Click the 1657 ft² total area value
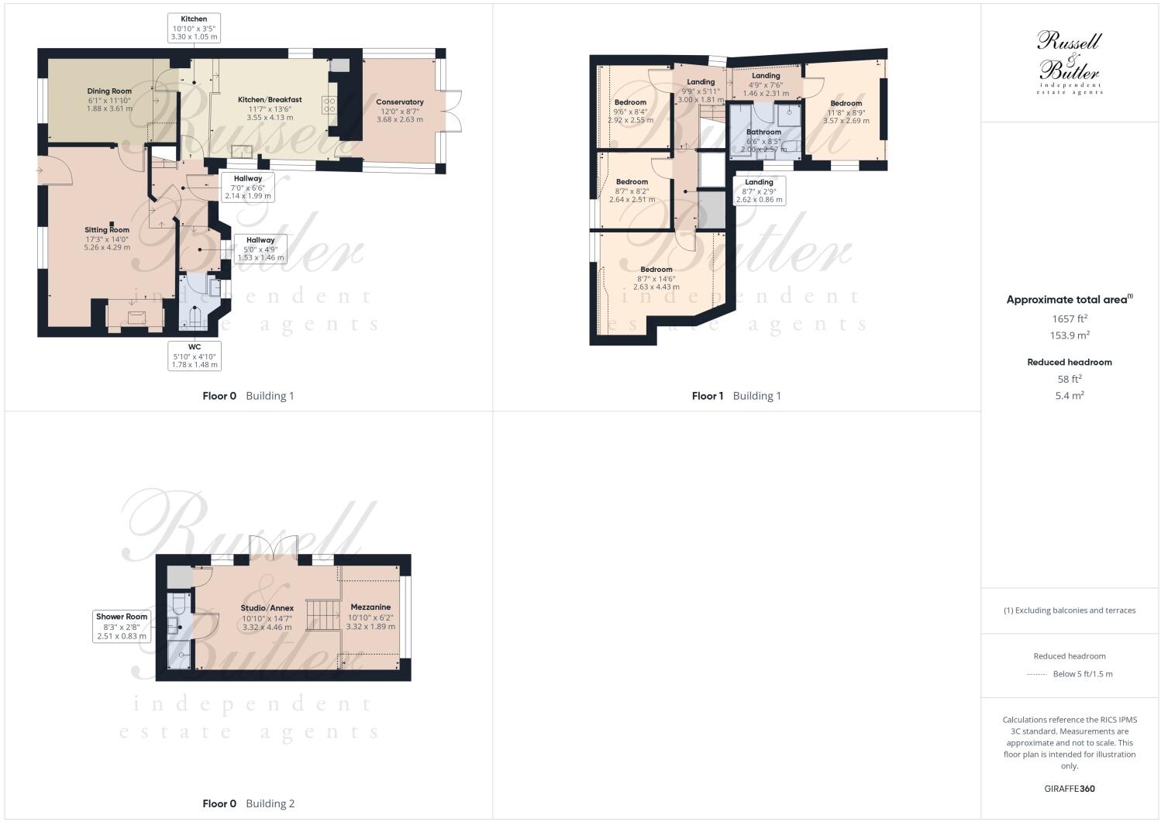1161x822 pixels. (x=1070, y=318)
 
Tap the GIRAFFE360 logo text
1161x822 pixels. (x=1069, y=789)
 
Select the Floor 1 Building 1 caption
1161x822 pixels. (x=736, y=396)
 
